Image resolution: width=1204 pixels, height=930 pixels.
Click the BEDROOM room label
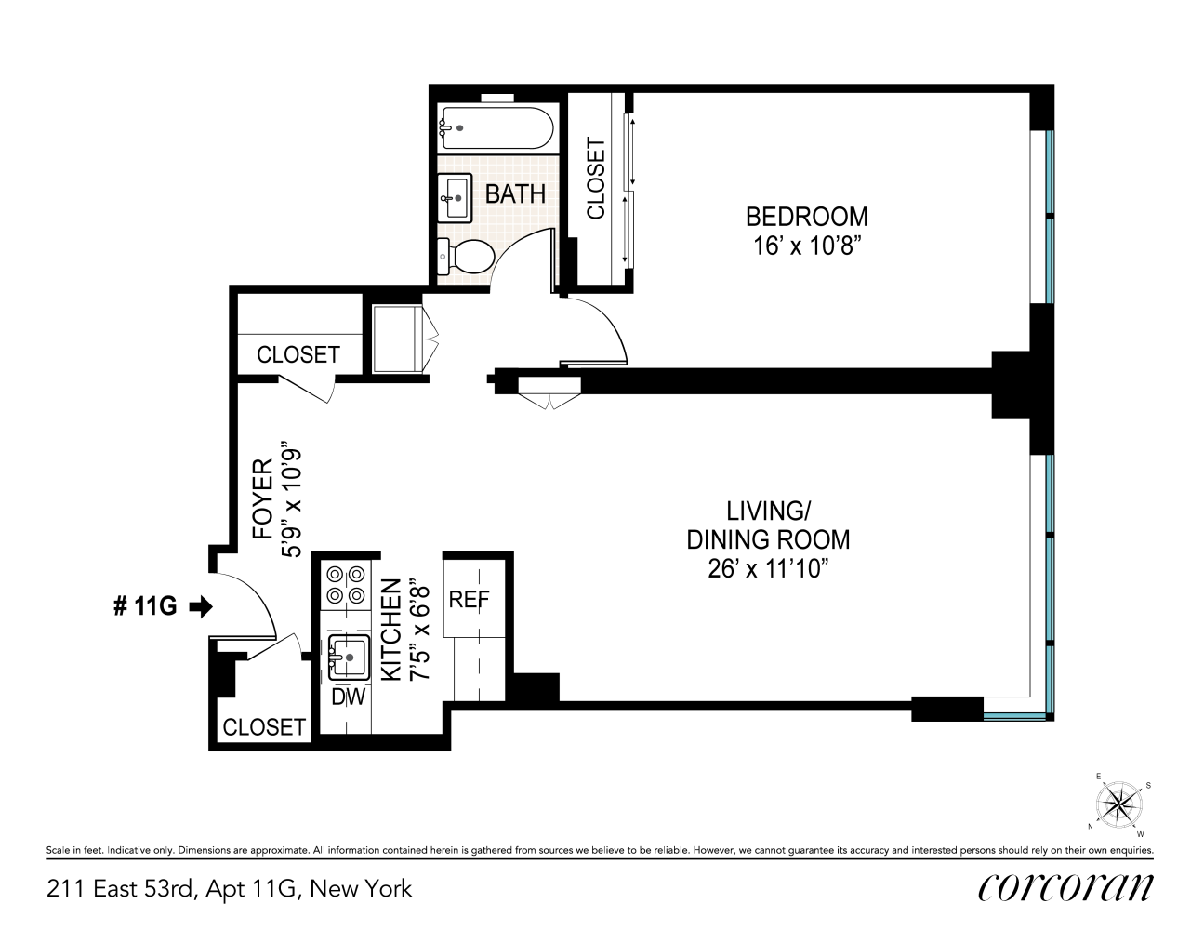pyautogui.click(x=806, y=217)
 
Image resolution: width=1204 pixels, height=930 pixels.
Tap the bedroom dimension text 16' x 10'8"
pyautogui.click(x=806, y=246)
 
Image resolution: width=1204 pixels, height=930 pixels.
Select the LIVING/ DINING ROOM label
pyautogui.click(x=768, y=525)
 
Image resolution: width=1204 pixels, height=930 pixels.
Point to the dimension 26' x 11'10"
pyautogui.click(x=768, y=568)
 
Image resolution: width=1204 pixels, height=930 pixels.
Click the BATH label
pyautogui.click(x=515, y=194)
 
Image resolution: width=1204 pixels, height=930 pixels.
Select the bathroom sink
pyautogui.click(x=456, y=196)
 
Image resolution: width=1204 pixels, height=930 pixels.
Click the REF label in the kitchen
pyautogui.click(x=469, y=600)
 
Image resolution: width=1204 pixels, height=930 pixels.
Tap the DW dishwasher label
pyautogui.click(x=349, y=696)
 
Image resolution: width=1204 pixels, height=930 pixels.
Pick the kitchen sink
pyautogui.click(x=349, y=657)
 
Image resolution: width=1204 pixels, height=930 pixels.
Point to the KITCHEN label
pyautogui.click(x=392, y=629)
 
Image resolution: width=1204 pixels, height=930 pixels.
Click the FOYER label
pyautogui.click(x=264, y=498)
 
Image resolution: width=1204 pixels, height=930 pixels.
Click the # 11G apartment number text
pyautogui.click(x=144, y=607)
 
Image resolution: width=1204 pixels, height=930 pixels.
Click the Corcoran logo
pyautogui.click(x=1065, y=888)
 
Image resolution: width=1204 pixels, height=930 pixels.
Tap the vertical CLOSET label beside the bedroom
pyautogui.click(x=596, y=179)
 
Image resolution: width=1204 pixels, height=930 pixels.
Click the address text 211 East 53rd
pyautogui.click(x=122, y=889)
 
